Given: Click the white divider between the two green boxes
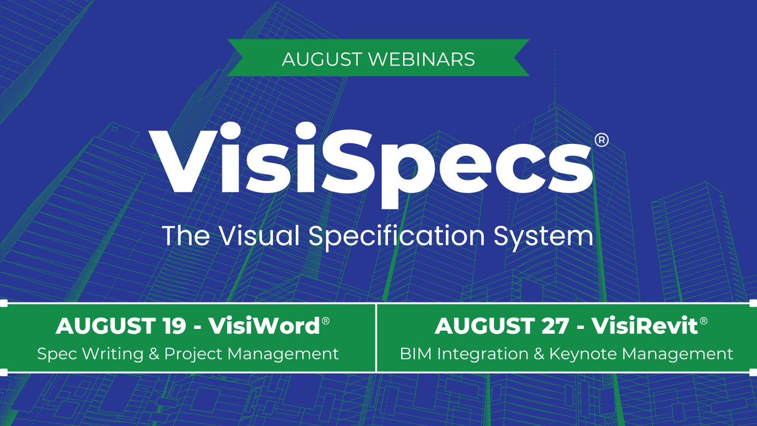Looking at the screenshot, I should (377, 338).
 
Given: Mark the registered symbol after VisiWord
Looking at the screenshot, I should (326, 321).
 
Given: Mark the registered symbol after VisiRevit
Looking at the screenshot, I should (703, 321).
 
